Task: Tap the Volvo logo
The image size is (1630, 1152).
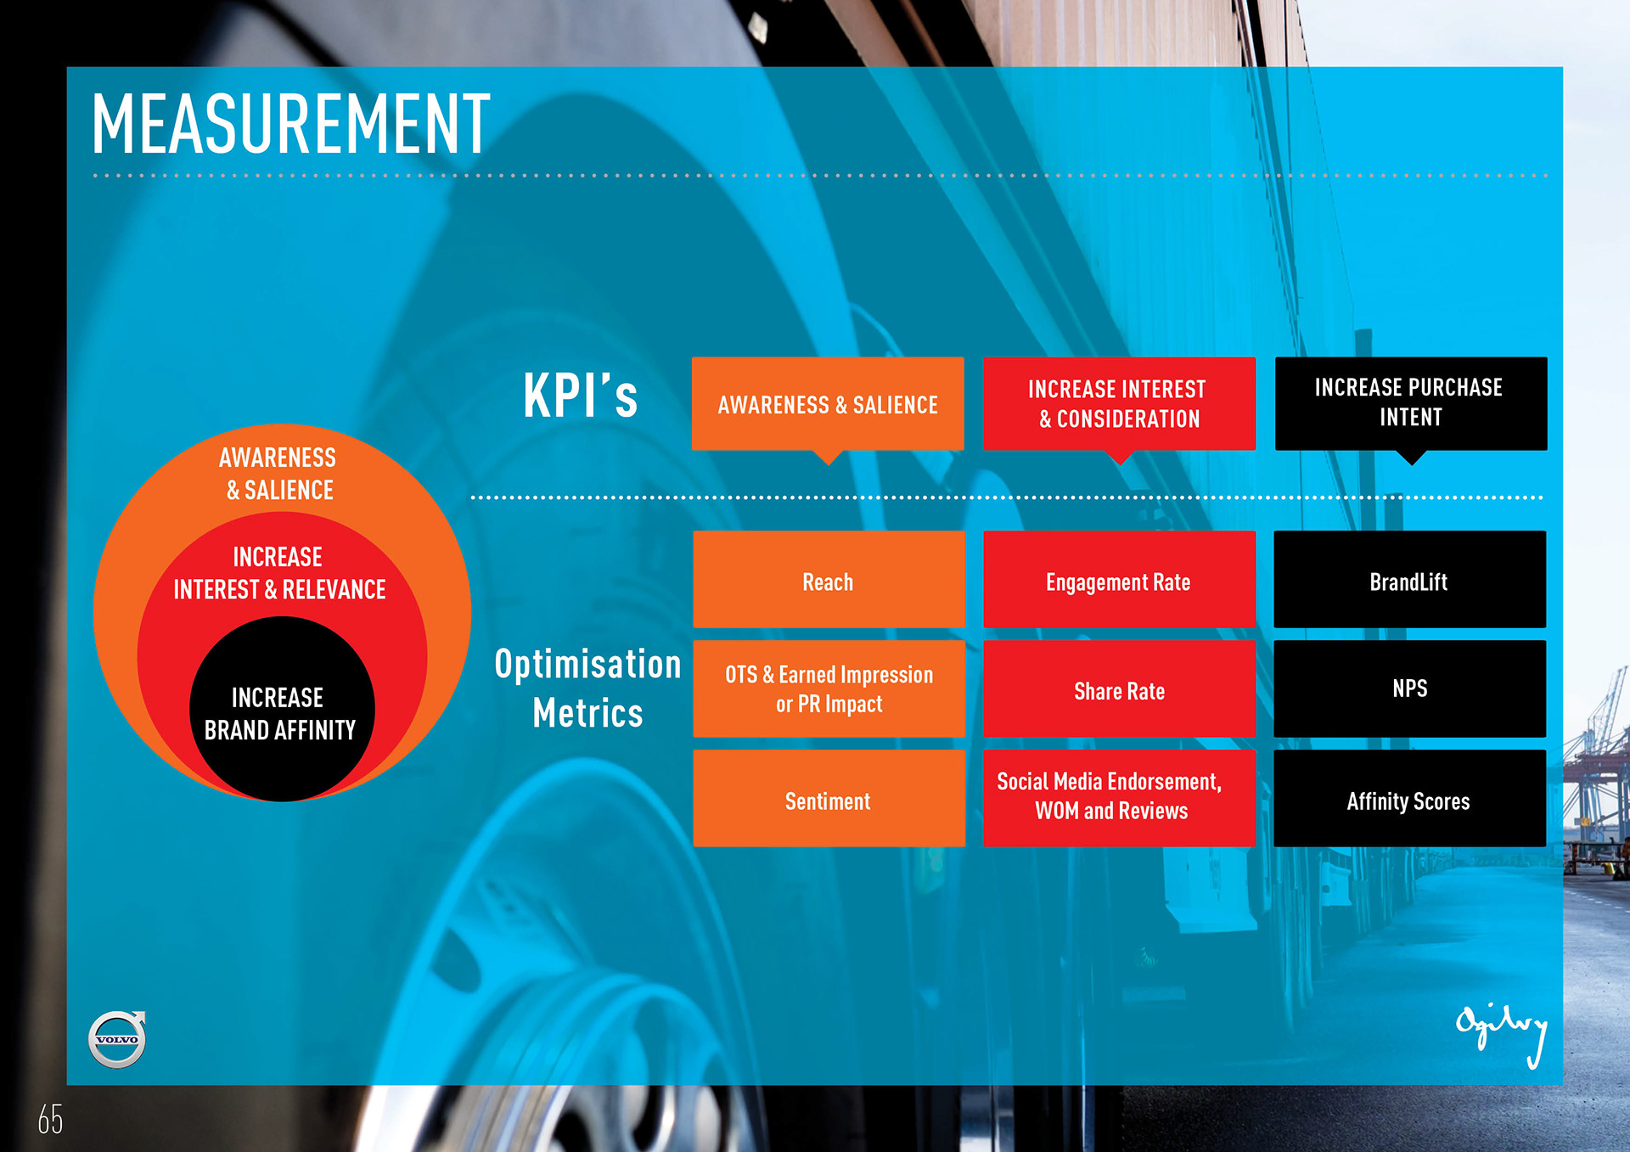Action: pyautogui.click(x=117, y=1038)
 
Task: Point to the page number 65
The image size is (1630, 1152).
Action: pyautogui.click(x=50, y=1120)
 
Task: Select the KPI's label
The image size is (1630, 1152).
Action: pyautogui.click(x=580, y=396)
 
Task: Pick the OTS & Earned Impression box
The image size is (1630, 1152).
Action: pyautogui.click(x=829, y=688)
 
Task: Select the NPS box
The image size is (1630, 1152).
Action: pyautogui.click(x=1409, y=688)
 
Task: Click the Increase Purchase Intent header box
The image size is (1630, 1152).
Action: pyautogui.click(x=1410, y=403)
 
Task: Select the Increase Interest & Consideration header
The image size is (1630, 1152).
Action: pyautogui.click(x=1119, y=403)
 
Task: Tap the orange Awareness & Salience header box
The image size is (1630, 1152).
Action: pyautogui.click(x=828, y=403)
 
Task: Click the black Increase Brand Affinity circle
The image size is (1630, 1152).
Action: pyautogui.click(x=281, y=711)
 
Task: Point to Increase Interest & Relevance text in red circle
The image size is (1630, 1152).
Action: pyautogui.click(x=279, y=573)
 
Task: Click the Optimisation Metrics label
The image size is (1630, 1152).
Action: pyautogui.click(x=587, y=688)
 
